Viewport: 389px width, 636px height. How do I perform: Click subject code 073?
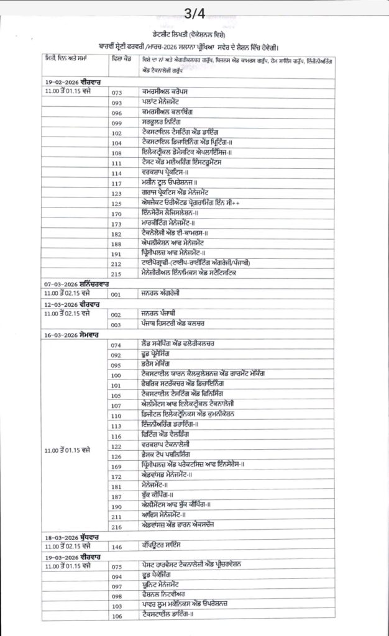click(x=117, y=93)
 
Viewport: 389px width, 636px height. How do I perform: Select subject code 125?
click(x=117, y=203)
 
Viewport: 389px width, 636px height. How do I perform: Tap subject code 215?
click(x=117, y=273)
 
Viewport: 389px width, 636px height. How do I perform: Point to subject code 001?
click(x=116, y=294)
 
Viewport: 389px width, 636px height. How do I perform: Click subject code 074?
click(x=116, y=345)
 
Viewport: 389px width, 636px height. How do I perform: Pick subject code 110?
click(x=116, y=416)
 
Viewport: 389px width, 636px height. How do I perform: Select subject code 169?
click(x=116, y=466)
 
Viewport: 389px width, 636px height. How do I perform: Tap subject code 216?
click(x=116, y=526)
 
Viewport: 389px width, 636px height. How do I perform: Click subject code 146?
click(x=116, y=547)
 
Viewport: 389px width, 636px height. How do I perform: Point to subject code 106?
click(x=116, y=616)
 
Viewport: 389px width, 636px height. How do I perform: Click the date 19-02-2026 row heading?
click(x=65, y=82)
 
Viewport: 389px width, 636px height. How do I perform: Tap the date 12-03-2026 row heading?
click(x=65, y=304)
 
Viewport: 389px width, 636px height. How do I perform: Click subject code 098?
click(x=116, y=596)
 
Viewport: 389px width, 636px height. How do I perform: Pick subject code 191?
click(x=117, y=253)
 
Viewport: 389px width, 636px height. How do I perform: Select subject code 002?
click(x=116, y=315)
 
